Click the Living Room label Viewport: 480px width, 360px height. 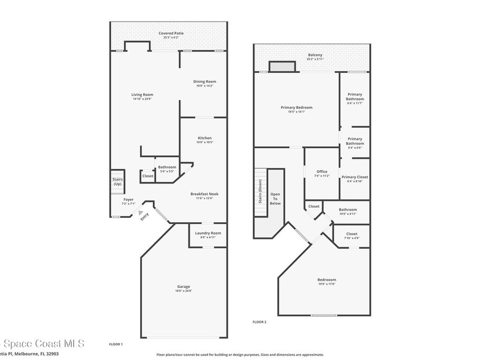click(x=142, y=95)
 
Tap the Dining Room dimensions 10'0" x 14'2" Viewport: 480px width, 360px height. click(x=205, y=86)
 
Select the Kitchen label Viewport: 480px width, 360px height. click(x=204, y=138)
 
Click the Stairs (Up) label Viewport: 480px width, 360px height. click(x=117, y=181)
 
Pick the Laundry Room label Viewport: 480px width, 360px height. click(x=208, y=233)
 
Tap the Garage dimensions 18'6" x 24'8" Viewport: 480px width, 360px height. click(x=183, y=291)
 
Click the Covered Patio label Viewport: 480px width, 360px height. click(x=171, y=33)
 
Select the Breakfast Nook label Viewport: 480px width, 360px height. click(x=204, y=194)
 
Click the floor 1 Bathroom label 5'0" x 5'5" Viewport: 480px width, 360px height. click(x=167, y=167)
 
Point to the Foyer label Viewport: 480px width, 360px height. click(x=128, y=200)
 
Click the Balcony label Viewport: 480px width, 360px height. click(x=315, y=55)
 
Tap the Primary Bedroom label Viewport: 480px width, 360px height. click(x=296, y=107)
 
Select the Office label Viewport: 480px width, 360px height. click(x=322, y=172)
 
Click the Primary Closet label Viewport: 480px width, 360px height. click(x=355, y=177)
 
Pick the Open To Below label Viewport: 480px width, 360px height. click(x=275, y=199)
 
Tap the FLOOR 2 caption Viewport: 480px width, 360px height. click(x=259, y=322)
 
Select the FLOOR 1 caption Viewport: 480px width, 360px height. click(x=116, y=345)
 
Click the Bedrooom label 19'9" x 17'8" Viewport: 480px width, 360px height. click(x=327, y=280)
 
